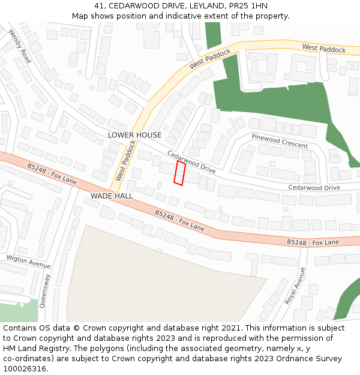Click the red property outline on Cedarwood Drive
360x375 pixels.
tap(179, 173)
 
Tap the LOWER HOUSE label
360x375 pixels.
tap(134, 135)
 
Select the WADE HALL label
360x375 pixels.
tap(112, 196)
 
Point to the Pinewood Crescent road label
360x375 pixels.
tap(280, 142)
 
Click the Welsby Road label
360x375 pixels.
tap(20, 47)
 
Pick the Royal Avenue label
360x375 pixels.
tap(295, 286)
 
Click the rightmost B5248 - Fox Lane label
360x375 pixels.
tap(313, 242)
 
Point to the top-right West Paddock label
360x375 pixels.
tap(324, 48)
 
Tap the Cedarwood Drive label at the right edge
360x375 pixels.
tap(314, 188)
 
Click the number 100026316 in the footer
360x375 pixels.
tap(25, 369)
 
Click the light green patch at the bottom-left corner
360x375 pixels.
tap(18, 311)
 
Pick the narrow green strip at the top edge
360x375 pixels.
tap(213, 35)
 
